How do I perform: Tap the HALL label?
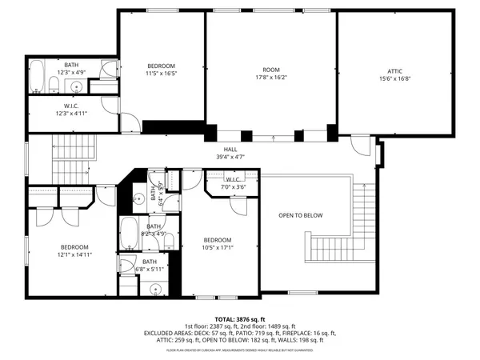[x=230, y=149]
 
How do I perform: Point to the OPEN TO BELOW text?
[x=301, y=215]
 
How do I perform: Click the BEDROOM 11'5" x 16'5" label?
[x=161, y=66]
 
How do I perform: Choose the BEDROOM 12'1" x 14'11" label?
[x=73, y=247]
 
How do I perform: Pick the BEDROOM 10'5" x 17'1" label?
[x=217, y=240]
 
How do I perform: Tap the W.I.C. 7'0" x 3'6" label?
[x=233, y=180]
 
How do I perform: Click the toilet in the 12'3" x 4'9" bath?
[x=54, y=86]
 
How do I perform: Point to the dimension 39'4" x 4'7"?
[x=230, y=157]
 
